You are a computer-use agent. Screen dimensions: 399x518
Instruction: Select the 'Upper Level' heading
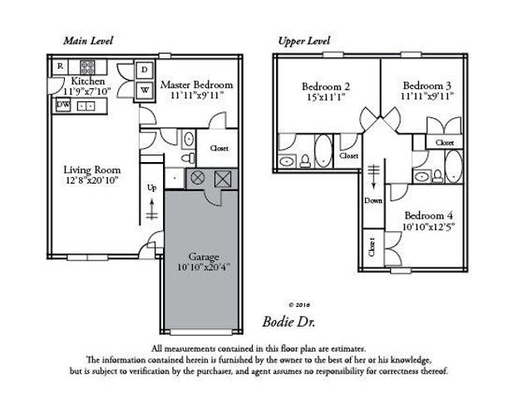point(304,40)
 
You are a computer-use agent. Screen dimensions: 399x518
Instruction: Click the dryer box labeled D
point(145,70)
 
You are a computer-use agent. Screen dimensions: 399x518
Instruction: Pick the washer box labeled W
point(145,89)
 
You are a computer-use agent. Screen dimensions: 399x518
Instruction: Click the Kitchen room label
point(87,81)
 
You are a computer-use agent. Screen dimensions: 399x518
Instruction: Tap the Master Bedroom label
point(196,85)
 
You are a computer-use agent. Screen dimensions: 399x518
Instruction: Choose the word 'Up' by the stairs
point(151,188)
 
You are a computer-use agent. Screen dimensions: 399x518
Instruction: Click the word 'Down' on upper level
point(373,200)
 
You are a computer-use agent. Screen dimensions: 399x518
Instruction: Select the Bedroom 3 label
point(426,85)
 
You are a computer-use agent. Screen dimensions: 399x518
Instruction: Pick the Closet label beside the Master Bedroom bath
point(220,148)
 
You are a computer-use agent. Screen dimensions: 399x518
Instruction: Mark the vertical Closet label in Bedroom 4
point(371,247)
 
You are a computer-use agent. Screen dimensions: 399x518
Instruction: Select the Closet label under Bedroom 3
point(445,142)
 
